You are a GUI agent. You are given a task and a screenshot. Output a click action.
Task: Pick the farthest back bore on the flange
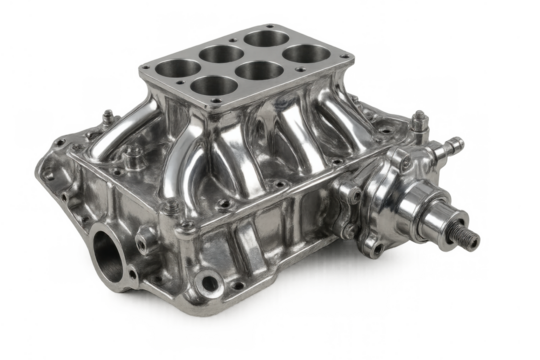[x=261, y=39]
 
